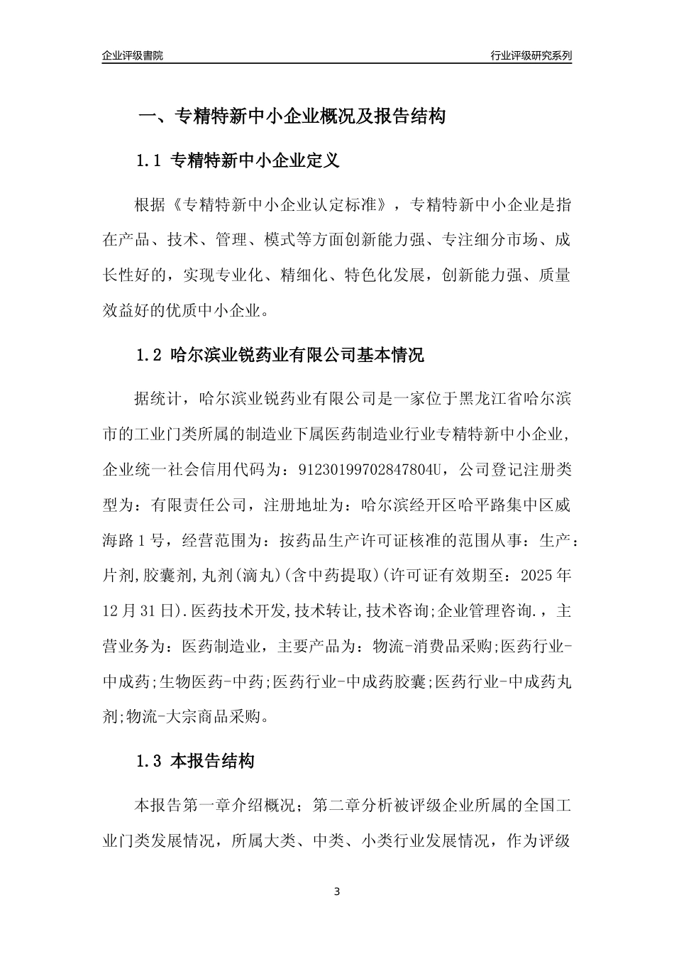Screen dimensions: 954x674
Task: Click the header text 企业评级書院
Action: (133, 55)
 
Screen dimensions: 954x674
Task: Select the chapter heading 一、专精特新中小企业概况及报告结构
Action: (291, 116)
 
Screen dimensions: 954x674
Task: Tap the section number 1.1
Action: (150, 161)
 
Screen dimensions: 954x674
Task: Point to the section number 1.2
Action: (150, 355)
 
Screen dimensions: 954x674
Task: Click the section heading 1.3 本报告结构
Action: (194, 762)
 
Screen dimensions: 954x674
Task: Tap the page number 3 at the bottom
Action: (337, 891)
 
